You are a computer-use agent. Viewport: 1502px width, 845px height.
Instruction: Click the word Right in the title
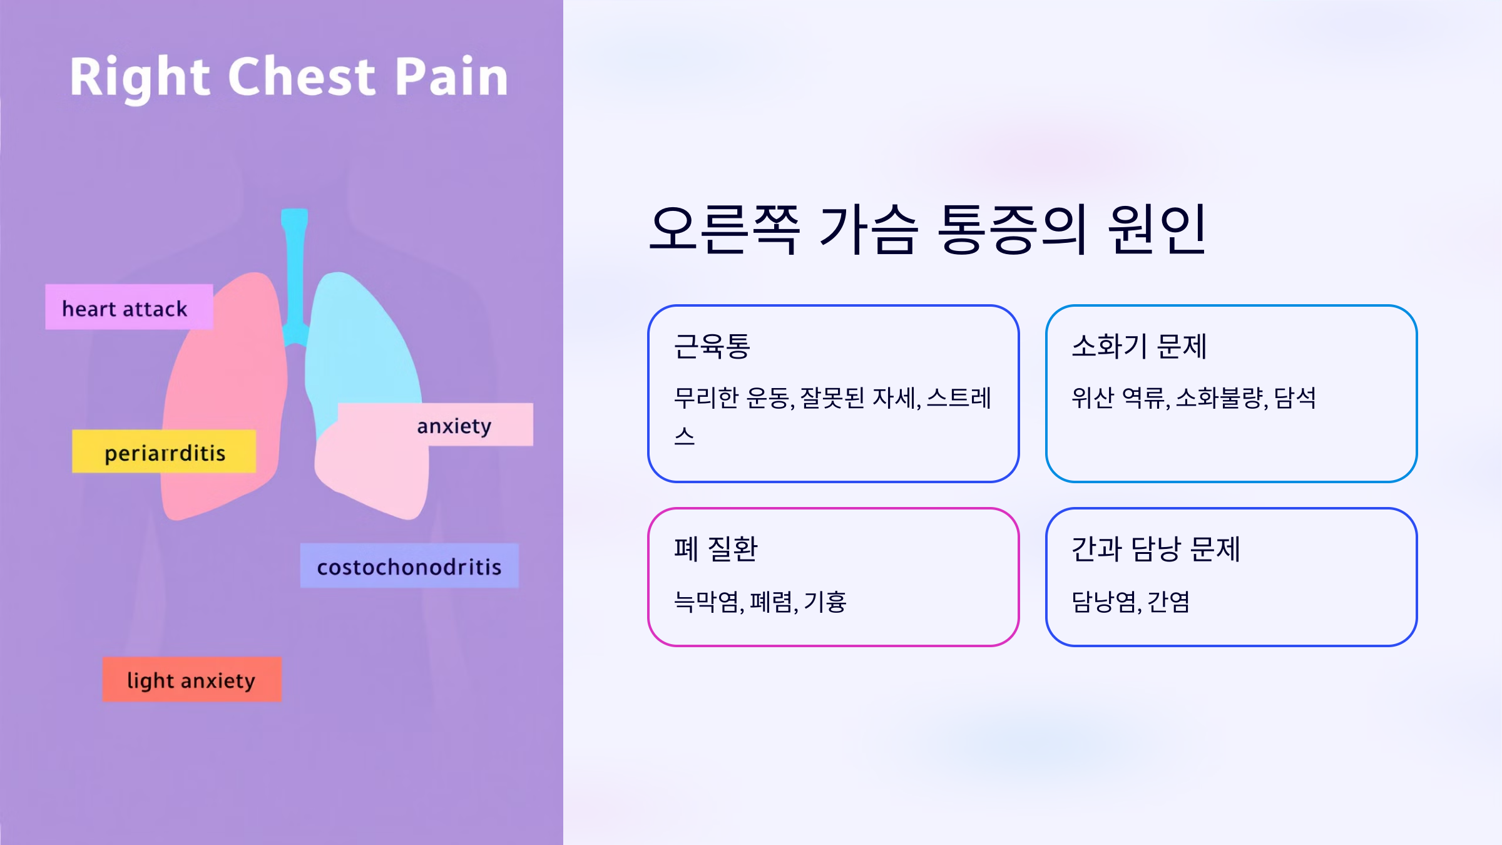click(139, 78)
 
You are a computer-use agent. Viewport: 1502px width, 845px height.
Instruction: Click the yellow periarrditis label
click(164, 451)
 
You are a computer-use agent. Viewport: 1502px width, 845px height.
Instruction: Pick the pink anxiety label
click(454, 425)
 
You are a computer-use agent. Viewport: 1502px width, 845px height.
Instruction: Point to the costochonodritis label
click(409, 566)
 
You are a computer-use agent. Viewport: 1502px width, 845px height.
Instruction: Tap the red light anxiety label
click(192, 679)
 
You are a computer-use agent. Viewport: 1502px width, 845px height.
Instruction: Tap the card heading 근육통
click(712, 346)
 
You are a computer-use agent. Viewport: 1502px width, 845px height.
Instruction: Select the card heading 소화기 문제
click(1138, 346)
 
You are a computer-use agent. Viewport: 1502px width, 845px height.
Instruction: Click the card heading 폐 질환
click(715, 549)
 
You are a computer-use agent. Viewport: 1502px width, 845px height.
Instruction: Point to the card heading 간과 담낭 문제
click(1155, 549)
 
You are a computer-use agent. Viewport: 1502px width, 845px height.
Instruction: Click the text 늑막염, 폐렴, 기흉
click(760, 602)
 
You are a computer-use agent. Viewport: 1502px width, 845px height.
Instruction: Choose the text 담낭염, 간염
click(1130, 602)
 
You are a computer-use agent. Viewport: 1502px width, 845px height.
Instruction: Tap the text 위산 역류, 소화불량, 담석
click(1193, 397)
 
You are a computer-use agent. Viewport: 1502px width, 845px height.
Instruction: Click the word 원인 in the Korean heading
click(1157, 229)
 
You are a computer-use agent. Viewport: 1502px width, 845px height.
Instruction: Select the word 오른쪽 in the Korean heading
click(725, 229)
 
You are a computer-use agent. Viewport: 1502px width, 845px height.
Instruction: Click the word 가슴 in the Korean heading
click(869, 229)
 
